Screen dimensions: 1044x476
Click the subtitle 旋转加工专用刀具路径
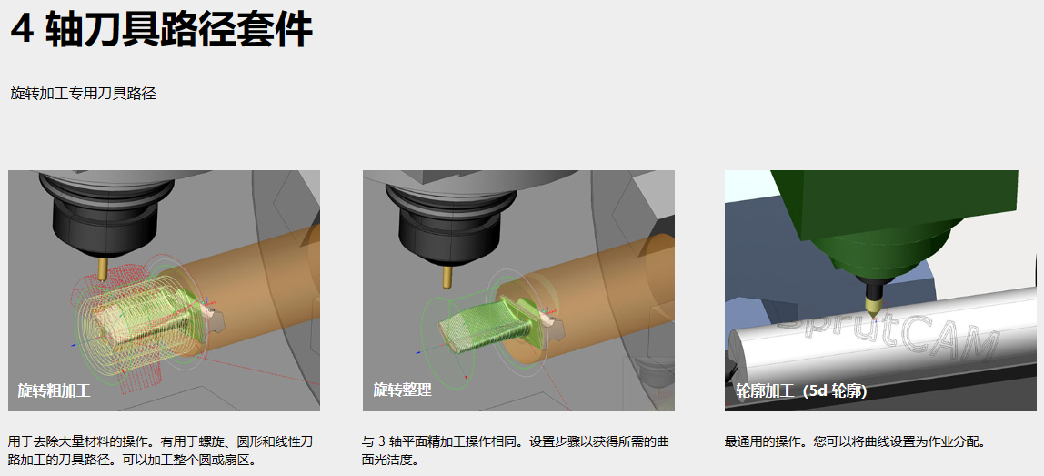pyautogui.click(x=84, y=94)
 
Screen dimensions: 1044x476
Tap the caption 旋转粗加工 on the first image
pyautogui.click(x=54, y=390)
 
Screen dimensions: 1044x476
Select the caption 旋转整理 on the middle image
pyautogui.click(x=402, y=390)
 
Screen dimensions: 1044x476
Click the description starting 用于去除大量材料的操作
pyautogui.click(x=160, y=451)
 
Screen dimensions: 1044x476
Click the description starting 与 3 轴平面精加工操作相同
pyautogui.click(x=516, y=451)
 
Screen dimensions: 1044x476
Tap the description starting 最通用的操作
pyautogui.click(x=854, y=442)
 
